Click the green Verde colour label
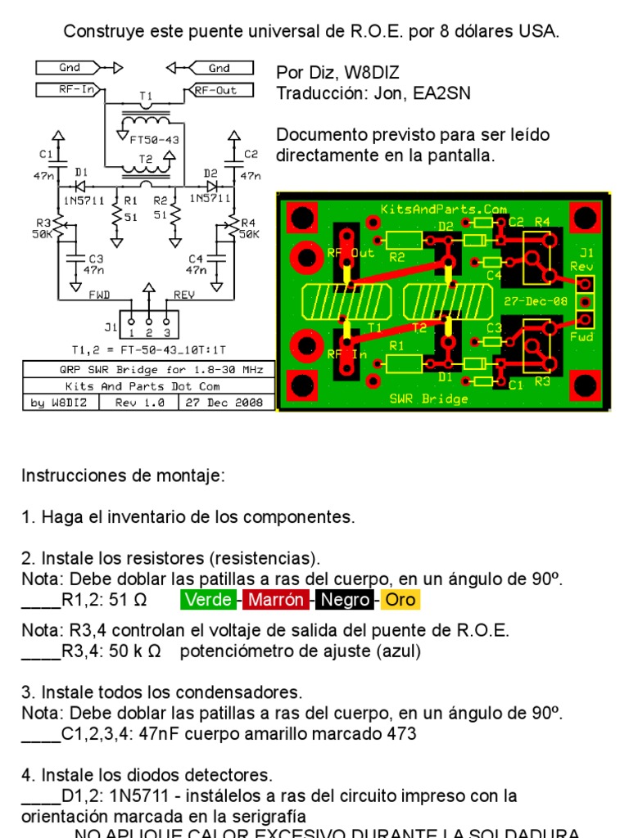(x=208, y=600)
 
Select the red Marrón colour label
(x=276, y=600)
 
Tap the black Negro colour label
(x=345, y=600)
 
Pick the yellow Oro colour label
(x=400, y=600)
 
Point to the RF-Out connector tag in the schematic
(x=216, y=90)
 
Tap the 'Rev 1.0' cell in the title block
(x=139, y=402)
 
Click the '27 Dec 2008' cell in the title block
(x=224, y=402)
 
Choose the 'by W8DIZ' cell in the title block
(x=60, y=402)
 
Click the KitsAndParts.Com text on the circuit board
(x=443, y=209)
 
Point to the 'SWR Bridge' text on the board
(x=428, y=399)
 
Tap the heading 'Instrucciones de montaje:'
(x=122, y=475)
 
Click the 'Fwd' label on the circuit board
(x=582, y=336)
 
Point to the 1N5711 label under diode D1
(x=77, y=197)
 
